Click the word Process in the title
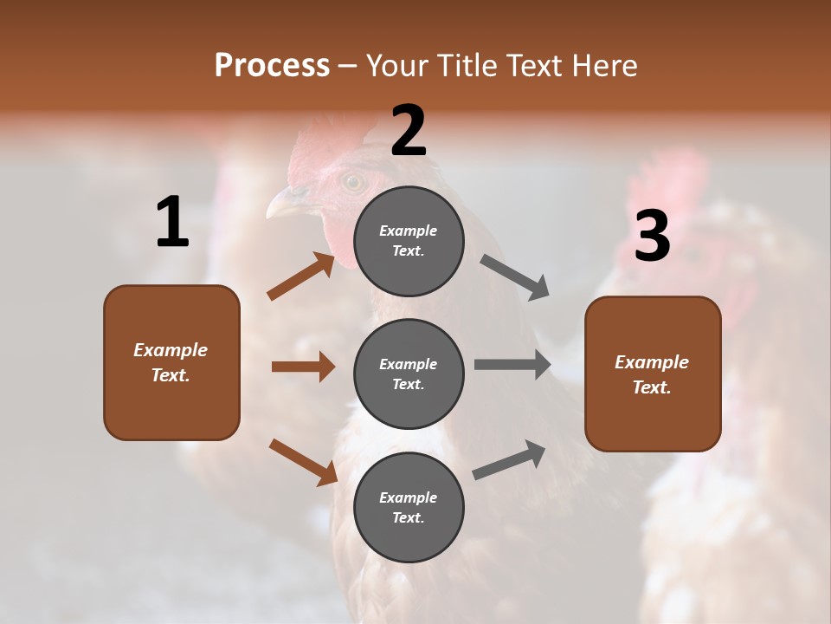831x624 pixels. tap(272, 65)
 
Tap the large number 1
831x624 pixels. tap(172, 223)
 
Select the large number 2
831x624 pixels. tap(409, 130)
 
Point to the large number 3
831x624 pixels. tap(652, 236)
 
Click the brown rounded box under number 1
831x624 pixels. tap(171, 362)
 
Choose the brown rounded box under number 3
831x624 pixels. tap(653, 374)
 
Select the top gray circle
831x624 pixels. tap(409, 240)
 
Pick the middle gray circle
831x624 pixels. tap(409, 374)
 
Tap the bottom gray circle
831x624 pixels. tap(409, 507)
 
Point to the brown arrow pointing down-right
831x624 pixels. tap(303, 462)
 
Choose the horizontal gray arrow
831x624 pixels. tap(512, 365)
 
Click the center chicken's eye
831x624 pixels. tap(352, 182)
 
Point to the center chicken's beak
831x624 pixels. tap(282, 205)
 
